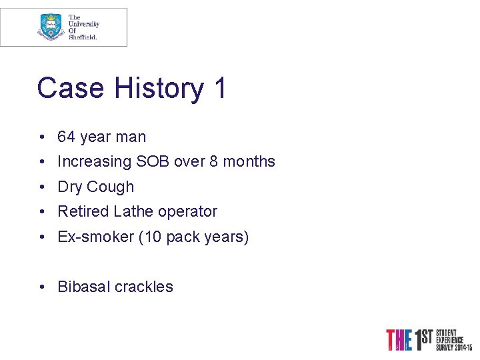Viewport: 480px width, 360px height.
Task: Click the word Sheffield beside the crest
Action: tap(83, 37)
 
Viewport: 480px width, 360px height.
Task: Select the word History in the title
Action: tap(159, 88)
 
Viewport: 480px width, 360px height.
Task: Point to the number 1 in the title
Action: tap(219, 88)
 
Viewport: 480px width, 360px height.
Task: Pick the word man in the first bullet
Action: tap(130, 137)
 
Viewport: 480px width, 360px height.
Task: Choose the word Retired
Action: tap(83, 212)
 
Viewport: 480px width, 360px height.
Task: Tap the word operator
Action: tap(187, 212)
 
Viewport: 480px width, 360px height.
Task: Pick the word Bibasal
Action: tap(84, 287)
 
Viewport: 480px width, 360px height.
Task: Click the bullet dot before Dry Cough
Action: tap(42, 187)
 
